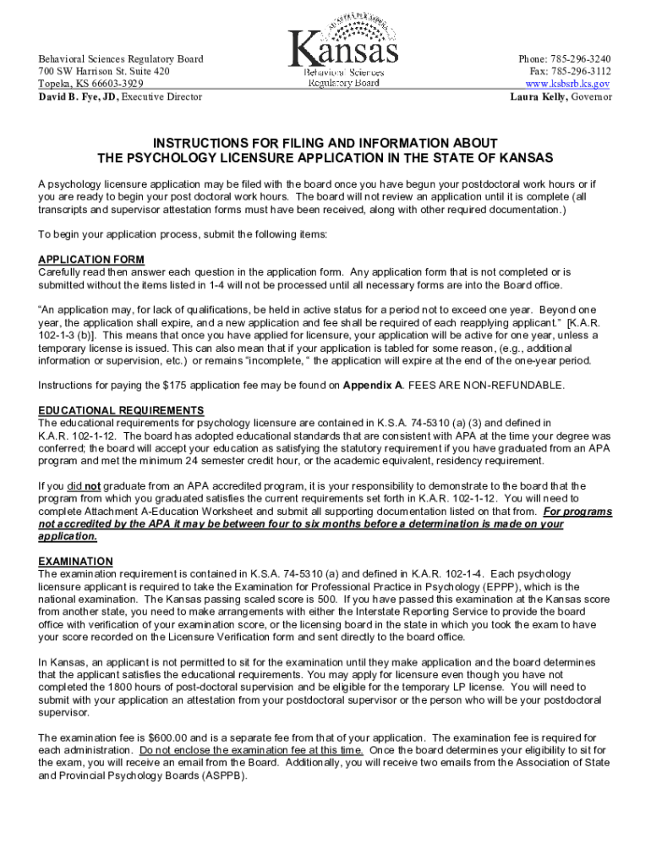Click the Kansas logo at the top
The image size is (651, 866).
pos(343,52)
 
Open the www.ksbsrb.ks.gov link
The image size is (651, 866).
pos(567,85)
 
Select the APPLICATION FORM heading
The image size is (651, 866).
pos(91,260)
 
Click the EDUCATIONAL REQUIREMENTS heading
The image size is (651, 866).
pos(121,411)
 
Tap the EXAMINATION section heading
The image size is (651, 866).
pos(75,562)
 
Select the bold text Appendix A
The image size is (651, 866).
pos(374,386)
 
